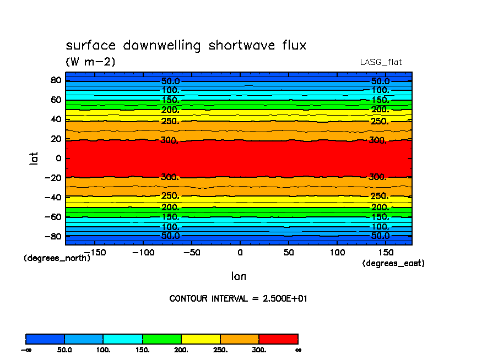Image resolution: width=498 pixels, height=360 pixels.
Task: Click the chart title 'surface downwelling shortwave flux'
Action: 186,46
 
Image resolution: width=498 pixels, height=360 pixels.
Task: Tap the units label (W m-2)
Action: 90,62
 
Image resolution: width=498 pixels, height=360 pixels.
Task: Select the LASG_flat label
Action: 381,62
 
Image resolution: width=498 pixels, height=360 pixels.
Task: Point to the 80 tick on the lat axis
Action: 56,80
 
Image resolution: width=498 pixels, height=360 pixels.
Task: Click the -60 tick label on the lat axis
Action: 53,217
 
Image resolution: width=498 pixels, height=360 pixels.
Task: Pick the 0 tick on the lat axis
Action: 58,159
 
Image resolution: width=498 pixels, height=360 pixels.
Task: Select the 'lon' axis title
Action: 239,276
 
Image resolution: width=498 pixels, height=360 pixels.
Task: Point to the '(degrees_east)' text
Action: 393,264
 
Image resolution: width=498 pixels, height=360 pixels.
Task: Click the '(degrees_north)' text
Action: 57,258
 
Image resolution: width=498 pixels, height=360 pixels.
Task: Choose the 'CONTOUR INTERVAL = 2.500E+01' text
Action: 238,299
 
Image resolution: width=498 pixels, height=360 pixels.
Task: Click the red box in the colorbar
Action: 278,339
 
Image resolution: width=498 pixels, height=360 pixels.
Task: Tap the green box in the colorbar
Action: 162,339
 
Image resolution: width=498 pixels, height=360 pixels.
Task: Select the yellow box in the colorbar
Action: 201,339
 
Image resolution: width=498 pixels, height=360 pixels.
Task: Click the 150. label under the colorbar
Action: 143,350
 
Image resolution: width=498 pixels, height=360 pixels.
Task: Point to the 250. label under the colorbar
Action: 220,350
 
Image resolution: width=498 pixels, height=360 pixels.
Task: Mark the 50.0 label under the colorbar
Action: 65,350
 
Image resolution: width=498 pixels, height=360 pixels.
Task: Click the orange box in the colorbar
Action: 240,339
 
